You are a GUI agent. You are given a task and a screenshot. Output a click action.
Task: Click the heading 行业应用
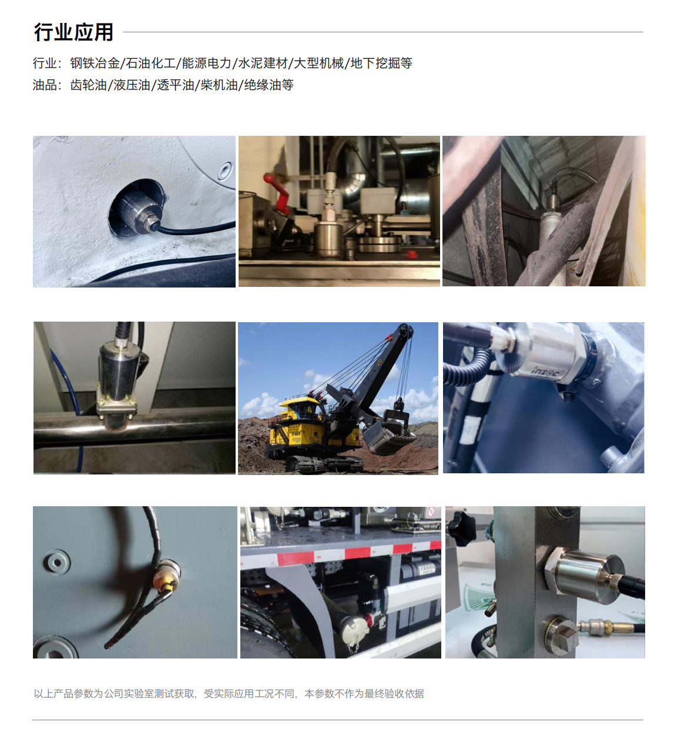[73, 32]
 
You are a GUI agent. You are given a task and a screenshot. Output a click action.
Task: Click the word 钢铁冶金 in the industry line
[95, 63]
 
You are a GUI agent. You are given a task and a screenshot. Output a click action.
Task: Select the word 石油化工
[151, 63]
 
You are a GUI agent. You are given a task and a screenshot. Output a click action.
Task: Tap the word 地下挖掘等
[381, 63]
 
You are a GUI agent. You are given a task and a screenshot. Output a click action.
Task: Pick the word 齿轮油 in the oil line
[89, 85]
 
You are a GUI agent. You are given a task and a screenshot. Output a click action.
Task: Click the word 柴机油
[219, 85]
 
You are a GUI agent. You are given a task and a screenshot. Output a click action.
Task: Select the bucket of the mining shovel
[389, 433]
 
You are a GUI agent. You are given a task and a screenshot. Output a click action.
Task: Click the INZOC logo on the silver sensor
[545, 370]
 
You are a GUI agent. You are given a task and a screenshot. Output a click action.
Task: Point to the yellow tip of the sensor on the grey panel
[167, 586]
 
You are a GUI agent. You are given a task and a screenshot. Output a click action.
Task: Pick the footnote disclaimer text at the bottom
[229, 694]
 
